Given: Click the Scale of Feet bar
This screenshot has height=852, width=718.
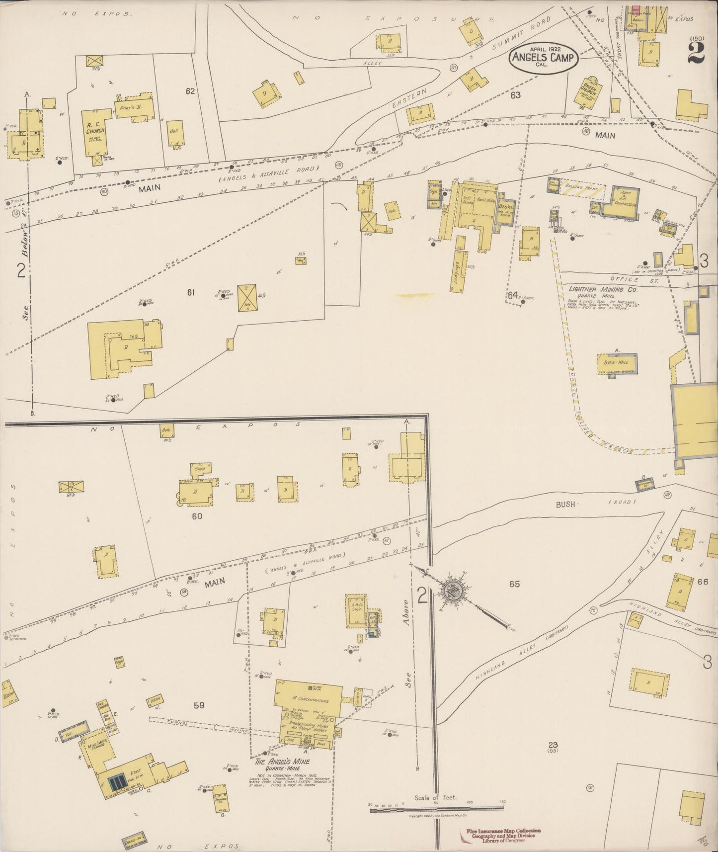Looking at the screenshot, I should point(436,811).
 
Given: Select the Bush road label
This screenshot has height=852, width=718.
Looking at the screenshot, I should point(565,504).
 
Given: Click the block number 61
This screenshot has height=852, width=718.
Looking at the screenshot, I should point(190,293).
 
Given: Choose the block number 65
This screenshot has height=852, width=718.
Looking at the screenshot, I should point(514,584).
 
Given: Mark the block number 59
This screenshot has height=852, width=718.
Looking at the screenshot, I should point(199,705).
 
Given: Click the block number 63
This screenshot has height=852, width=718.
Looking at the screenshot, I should point(515,95).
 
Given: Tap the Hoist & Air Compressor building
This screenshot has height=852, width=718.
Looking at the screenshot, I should point(620,203).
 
